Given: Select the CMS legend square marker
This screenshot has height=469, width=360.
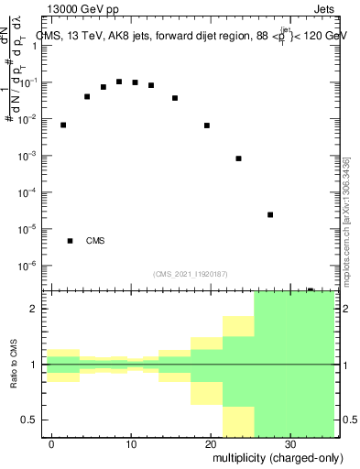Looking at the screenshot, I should (70, 241).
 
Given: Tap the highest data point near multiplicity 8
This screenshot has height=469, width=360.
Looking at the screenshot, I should (119, 82).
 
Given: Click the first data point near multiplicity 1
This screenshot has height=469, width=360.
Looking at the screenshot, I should (63, 125).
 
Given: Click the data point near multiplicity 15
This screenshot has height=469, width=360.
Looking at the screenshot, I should (175, 98).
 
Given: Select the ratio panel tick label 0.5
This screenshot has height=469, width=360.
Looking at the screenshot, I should (29, 420).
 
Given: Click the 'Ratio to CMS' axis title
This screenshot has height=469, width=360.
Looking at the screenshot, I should (14, 364).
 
